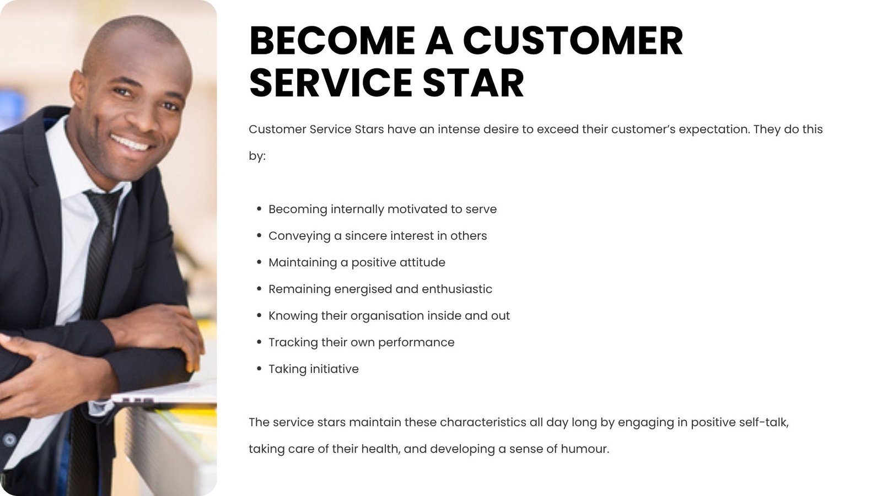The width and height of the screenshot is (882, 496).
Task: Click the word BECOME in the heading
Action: tap(332, 41)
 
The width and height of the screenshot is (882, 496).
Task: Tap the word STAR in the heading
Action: tap(474, 83)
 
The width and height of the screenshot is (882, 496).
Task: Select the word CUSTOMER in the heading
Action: tap(573, 41)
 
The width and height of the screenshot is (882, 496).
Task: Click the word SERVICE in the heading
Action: tap(331, 83)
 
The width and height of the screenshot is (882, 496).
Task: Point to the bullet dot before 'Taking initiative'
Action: tap(259, 369)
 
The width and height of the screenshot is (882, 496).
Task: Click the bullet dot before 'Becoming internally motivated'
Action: tap(259, 209)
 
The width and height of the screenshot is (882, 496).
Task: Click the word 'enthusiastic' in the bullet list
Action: tap(457, 289)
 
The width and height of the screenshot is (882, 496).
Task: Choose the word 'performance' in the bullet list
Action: tap(416, 343)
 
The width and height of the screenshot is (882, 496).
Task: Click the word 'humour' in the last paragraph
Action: tap(585, 449)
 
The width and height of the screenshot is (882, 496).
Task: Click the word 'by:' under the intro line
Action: tap(257, 157)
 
